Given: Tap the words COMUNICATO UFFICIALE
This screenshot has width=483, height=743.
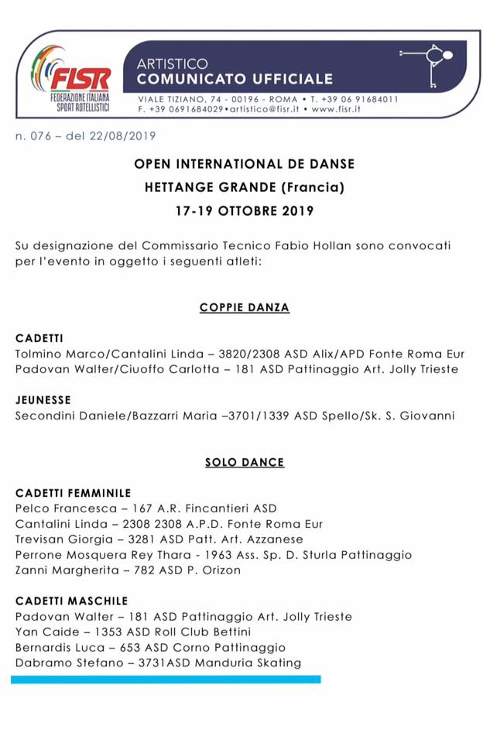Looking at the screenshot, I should point(235,79).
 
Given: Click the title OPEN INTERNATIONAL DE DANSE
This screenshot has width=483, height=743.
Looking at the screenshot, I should point(244,164).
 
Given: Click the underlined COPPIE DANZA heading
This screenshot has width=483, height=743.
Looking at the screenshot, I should point(244,307).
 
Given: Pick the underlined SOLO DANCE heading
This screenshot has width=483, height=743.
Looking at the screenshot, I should point(244,462).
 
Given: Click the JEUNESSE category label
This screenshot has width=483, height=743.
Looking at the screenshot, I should point(43,400).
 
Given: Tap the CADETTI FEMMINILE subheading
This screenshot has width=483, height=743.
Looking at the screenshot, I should point(73,493).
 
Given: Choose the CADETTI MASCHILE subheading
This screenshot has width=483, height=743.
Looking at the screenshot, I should point(71,601).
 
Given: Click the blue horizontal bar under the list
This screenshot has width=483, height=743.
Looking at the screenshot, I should point(166,680).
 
